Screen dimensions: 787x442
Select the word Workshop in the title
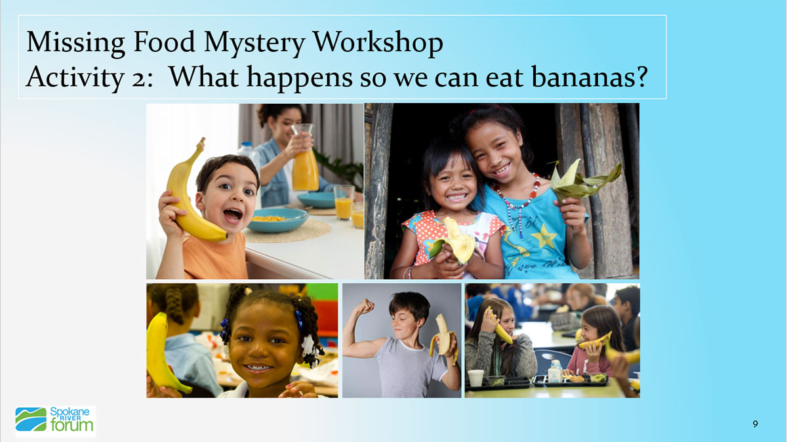tap(378, 43)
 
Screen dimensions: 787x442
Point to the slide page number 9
tap(756, 424)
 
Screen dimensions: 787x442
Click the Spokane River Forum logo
tap(55, 420)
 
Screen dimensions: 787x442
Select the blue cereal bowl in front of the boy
tap(277, 220)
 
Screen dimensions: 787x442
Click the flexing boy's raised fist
tap(365, 306)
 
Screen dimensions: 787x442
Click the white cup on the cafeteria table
tap(476, 378)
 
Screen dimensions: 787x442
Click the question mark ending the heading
tap(639, 77)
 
